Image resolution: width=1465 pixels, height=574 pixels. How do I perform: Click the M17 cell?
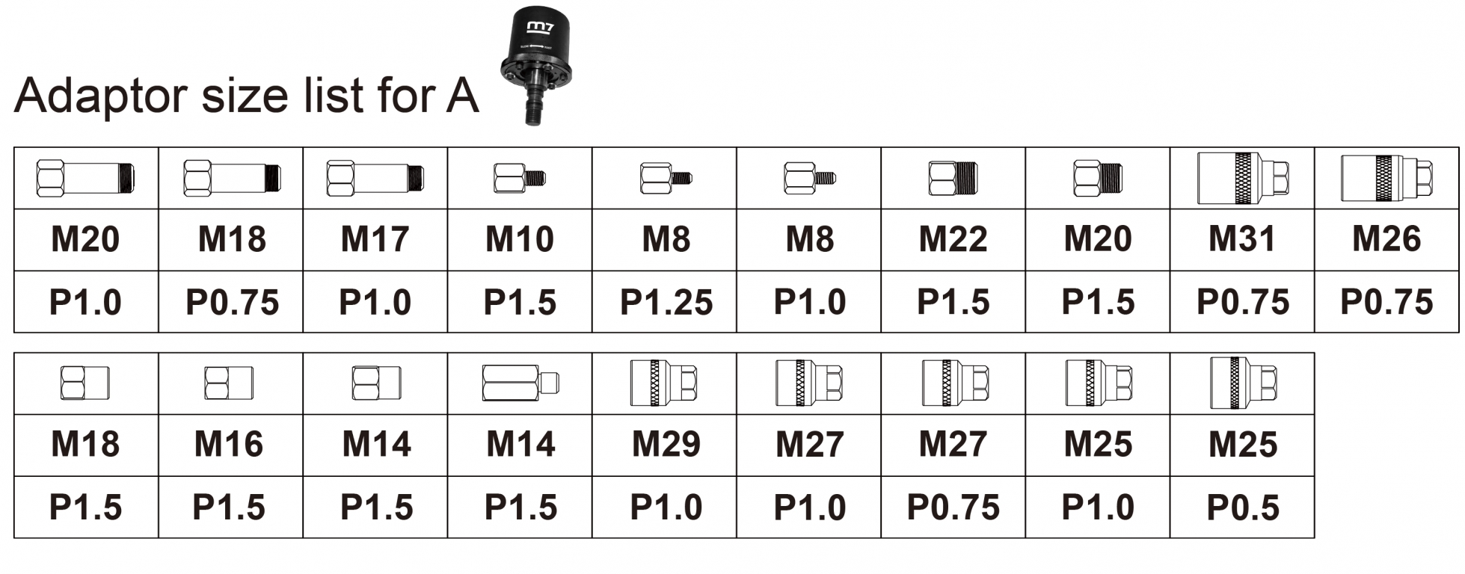(x=375, y=240)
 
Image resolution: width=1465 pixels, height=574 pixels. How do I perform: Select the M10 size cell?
(x=519, y=240)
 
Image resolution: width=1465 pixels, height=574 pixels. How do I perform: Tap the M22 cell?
(x=953, y=240)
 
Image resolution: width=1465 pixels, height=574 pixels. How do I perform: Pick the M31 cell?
(x=1242, y=240)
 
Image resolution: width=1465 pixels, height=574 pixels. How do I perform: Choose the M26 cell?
(x=1386, y=240)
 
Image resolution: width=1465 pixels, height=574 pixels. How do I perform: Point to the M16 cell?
(x=229, y=445)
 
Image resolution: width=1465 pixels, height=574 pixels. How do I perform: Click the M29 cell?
(x=666, y=445)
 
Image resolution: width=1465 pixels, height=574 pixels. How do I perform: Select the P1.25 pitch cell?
(x=666, y=303)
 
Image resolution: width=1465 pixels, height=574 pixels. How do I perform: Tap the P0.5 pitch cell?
(x=1242, y=507)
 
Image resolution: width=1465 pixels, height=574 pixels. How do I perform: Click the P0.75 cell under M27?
(x=953, y=507)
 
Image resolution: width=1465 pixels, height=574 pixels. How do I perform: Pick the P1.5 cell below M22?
(x=953, y=303)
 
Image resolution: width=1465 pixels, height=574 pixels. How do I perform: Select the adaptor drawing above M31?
(x=1242, y=178)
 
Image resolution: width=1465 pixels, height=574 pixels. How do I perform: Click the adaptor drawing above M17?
(x=375, y=179)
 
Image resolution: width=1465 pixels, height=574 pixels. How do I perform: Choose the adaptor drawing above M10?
(x=519, y=179)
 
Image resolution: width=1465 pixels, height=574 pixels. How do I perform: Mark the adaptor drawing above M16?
(x=229, y=383)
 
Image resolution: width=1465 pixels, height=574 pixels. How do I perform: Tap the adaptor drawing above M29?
(x=664, y=383)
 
